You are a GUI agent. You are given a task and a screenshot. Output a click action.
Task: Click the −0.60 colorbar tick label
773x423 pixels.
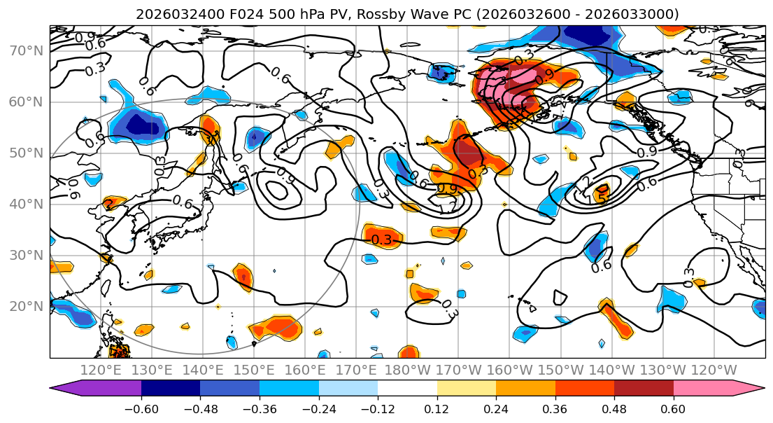click(141, 410)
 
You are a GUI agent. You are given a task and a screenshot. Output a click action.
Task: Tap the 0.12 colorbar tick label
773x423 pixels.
click(437, 410)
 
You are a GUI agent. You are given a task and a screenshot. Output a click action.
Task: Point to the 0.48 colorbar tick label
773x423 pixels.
click(614, 410)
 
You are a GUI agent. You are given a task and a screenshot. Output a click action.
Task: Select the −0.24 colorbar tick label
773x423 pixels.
click(319, 410)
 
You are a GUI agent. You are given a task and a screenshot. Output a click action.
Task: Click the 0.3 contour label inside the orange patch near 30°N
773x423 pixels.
click(382, 240)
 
